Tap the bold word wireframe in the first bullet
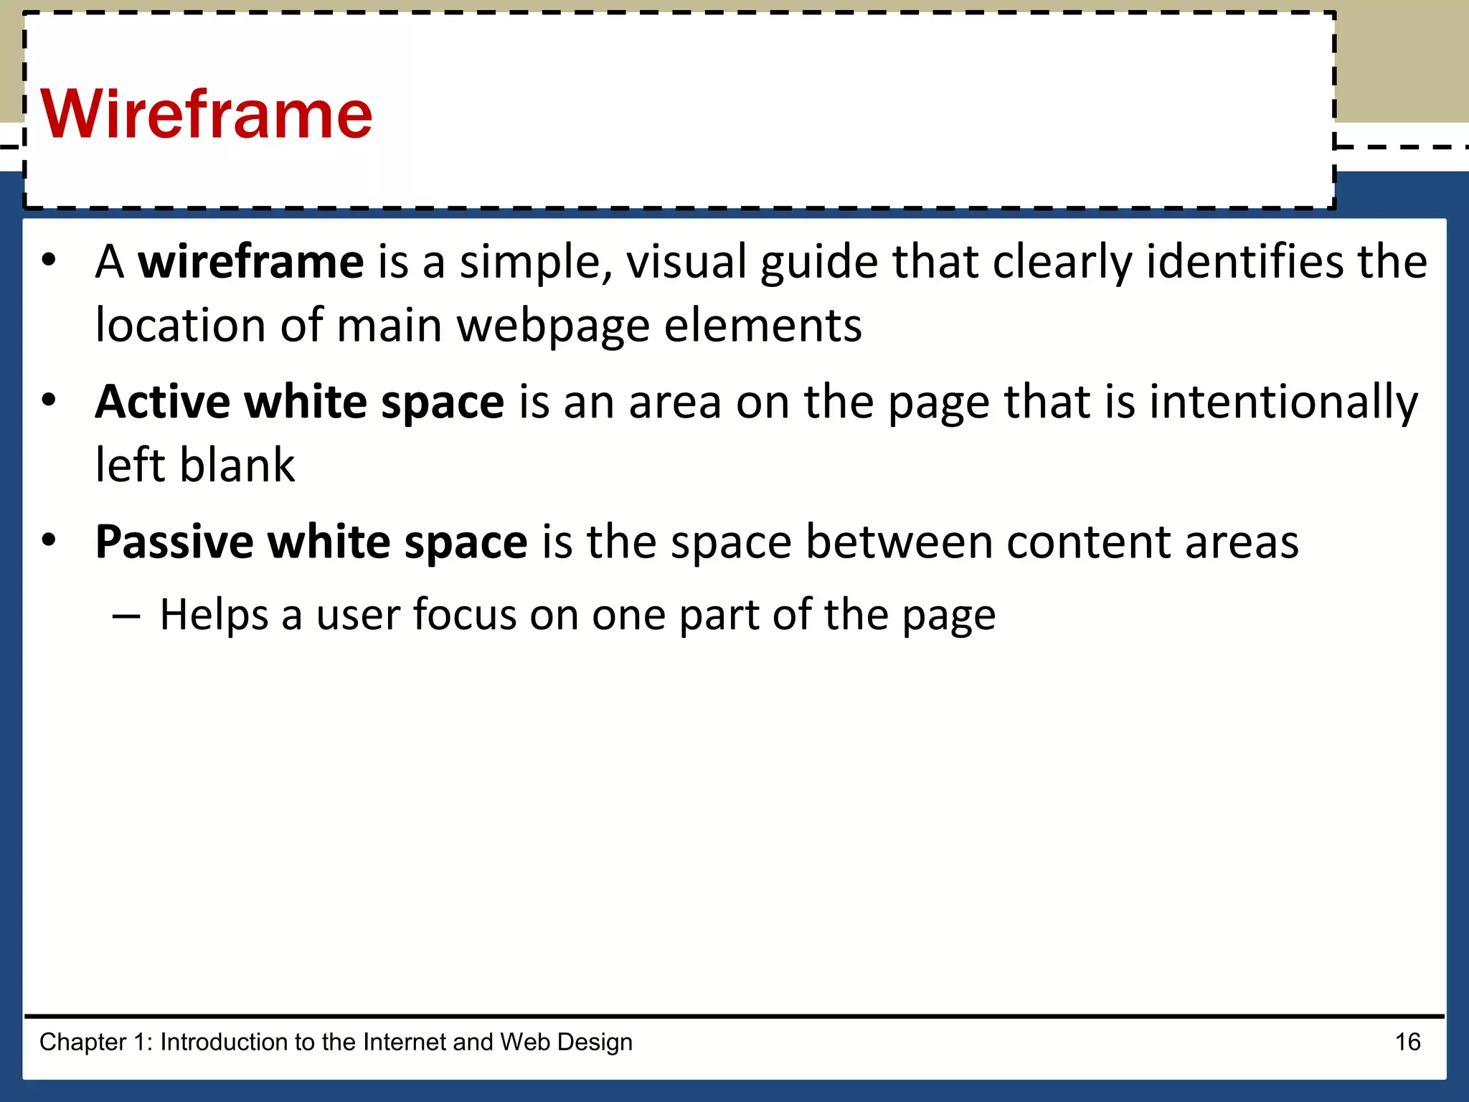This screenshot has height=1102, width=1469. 251,261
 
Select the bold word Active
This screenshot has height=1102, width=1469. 163,402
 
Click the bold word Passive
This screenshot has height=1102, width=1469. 174,542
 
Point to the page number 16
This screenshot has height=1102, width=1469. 1407,1042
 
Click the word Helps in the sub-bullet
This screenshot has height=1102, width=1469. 214,615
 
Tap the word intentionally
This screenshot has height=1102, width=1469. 1283,402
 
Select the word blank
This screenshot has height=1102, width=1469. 237,465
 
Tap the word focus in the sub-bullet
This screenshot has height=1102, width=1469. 465,615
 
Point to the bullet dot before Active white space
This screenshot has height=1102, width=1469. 48,400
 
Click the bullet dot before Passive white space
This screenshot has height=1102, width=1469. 48,540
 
